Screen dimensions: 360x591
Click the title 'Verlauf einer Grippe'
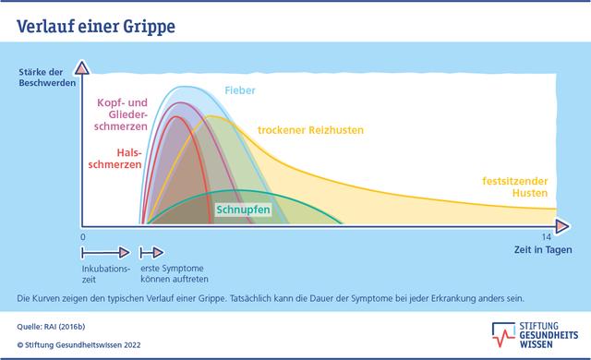[x=96, y=28]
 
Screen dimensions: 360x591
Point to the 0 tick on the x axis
[x=82, y=237]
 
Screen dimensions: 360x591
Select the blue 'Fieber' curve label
[x=240, y=91]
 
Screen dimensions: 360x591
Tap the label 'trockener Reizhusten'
[x=310, y=130]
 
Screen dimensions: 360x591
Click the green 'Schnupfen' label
[x=243, y=210]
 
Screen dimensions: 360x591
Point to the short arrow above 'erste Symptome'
[x=151, y=251]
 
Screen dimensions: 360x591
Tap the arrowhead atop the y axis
[x=83, y=66]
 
